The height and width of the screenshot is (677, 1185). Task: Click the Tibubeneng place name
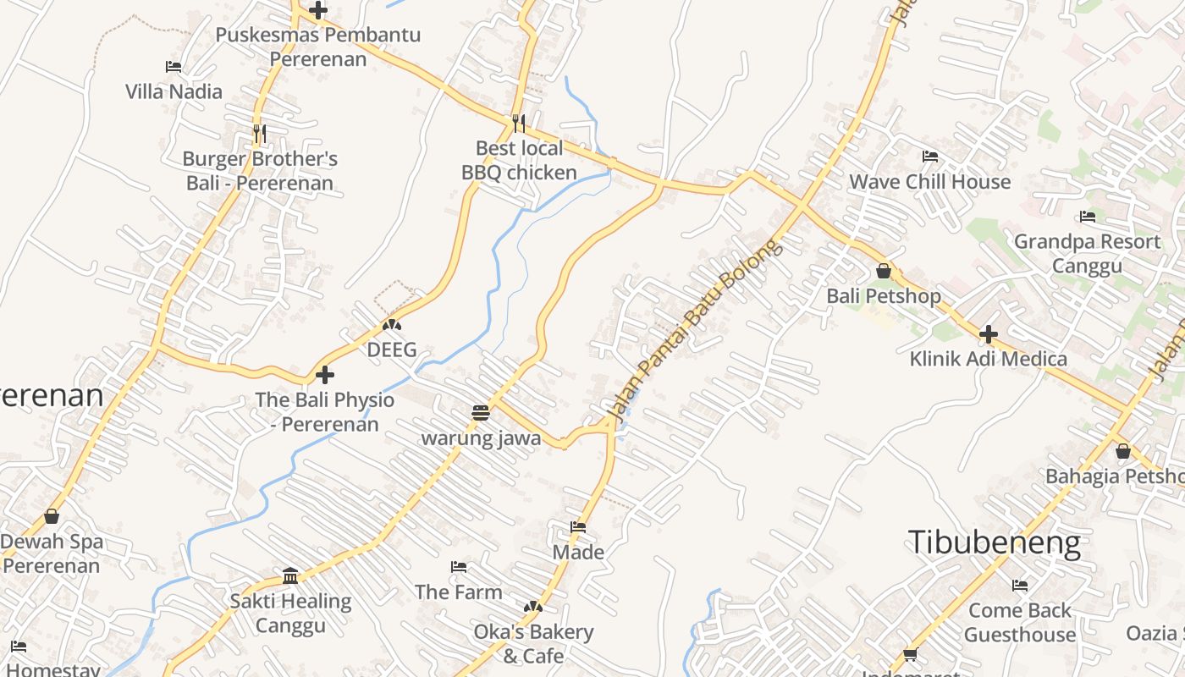point(994,542)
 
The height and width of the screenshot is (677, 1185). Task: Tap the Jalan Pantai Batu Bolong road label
point(692,332)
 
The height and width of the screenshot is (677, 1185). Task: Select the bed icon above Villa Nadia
point(174,66)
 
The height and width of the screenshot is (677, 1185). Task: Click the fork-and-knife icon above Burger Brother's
point(260,133)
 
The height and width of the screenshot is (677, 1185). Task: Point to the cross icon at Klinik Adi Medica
point(988,334)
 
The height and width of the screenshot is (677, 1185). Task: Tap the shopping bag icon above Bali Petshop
point(884,271)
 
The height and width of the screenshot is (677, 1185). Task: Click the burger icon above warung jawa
point(481,413)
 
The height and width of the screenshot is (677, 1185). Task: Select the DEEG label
point(392,350)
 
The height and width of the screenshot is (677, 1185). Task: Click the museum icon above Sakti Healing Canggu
point(290,576)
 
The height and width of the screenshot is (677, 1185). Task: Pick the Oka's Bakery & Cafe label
point(533,643)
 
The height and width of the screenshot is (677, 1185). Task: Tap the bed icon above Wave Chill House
point(930,157)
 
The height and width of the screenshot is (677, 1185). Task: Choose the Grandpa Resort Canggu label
point(1087,254)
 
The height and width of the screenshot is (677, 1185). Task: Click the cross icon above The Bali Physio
point(325,375)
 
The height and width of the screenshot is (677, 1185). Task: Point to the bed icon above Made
point(578,527)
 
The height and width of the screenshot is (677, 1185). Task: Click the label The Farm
point(458,592)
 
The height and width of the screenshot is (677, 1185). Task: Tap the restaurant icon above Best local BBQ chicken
point(519,124)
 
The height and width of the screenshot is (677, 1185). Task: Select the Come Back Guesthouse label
point(1019,622)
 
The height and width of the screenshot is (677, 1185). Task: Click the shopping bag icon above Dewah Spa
point(52,516)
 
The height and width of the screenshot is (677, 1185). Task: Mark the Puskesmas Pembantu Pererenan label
point(317,47)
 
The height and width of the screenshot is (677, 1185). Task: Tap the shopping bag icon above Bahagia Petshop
point(1122,451)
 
